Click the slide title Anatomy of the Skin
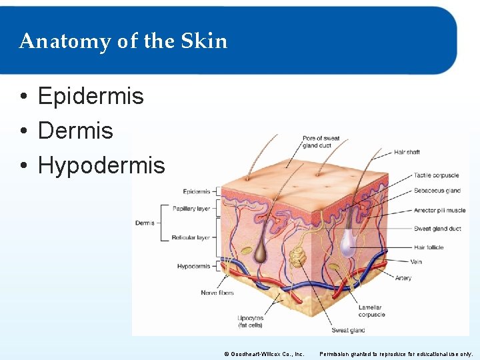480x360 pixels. [x=123, y=41]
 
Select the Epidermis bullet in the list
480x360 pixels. [x=91, y=96]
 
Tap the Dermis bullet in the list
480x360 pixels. [x=75, y=130]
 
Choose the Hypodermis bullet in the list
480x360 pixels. [x=101, y=165]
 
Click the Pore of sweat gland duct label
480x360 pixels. [x=321, y=142]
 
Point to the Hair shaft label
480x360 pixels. [x=407, y=152]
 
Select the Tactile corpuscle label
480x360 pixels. [x=436, y=175]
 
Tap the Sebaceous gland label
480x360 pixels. [x=437, y=191]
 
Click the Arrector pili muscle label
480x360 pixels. [x=439, y=210]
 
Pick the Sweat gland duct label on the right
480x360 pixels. [x=437, y=229]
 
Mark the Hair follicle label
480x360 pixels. [x=428, y=247]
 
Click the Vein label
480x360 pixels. [x=416, y=261]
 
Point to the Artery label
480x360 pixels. [x=403, y=278]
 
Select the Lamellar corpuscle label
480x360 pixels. [x=370, y=311]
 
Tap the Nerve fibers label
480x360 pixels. [x=217, y=293]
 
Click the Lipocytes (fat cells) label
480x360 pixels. [x=250, y=321]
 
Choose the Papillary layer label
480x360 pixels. [x=191, y=209]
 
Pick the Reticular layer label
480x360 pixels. [x=191, y=237]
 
